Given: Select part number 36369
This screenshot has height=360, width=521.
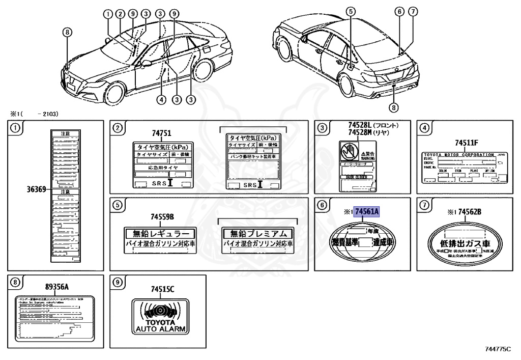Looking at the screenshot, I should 36,189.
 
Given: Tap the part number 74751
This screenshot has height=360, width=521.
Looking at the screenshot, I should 162,133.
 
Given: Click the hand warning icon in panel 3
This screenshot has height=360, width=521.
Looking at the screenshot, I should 350,152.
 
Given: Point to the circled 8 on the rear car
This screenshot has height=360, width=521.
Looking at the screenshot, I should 393,107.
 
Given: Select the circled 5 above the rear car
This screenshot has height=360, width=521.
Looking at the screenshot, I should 350,11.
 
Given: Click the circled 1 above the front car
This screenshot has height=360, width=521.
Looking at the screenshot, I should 108,14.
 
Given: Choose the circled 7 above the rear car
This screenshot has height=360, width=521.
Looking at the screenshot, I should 413,11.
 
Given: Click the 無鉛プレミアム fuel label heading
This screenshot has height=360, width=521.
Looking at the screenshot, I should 258,234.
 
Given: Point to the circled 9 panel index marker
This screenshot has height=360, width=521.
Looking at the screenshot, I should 117,283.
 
